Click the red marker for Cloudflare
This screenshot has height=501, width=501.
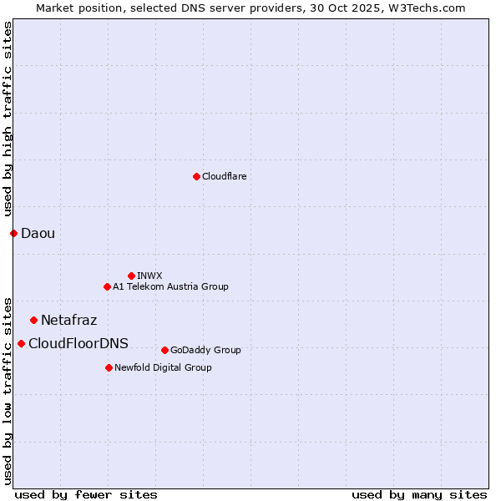196,176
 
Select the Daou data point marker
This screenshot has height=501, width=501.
13,233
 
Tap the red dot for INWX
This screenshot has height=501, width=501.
131,276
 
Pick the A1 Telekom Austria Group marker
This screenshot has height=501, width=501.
107,286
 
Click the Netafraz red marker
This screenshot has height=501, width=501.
33,320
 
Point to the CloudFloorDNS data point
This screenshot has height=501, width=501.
21,343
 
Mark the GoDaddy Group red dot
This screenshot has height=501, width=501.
164,350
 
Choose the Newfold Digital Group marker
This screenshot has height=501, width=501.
109,367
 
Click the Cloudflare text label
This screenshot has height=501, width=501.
225,177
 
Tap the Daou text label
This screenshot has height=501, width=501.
38,234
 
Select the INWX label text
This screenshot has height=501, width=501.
149,276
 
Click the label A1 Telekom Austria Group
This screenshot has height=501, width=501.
170,287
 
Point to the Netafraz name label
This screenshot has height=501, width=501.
69,321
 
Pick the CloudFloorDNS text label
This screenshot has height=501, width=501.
78,344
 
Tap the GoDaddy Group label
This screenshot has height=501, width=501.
205,351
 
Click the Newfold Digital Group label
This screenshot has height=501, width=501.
163,368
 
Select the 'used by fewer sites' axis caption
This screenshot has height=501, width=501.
86,494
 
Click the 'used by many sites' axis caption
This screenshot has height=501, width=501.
419,494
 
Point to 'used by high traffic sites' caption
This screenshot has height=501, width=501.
8,119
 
